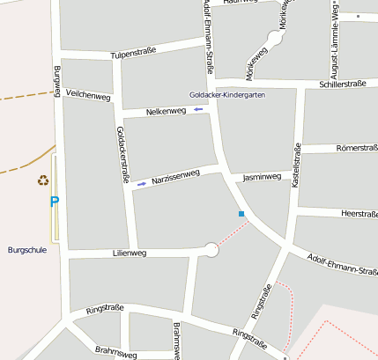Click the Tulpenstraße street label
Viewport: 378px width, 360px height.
point(133,54)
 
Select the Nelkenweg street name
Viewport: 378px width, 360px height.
point(166,111)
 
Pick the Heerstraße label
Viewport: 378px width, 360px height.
point(358,214)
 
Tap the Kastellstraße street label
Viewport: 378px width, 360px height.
point(297,170)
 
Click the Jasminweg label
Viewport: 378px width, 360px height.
point(262,177)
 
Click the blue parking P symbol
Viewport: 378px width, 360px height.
point(54,202)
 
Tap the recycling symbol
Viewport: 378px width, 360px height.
point(42,180)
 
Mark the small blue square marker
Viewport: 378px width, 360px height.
point(241,213)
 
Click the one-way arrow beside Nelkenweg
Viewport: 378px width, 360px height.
point(198,109)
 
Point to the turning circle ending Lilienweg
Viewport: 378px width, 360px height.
point(211,250)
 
